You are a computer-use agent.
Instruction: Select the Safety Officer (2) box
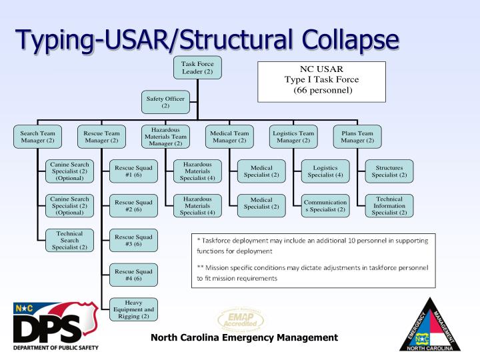click(165, 101)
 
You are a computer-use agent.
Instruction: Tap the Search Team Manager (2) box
click(37, 137)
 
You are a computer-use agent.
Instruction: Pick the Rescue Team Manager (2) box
click(101, 137)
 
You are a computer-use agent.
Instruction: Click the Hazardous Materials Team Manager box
click(165, 137)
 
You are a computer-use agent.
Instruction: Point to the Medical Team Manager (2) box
click(229, 137)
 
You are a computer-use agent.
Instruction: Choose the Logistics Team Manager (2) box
click(293, 137)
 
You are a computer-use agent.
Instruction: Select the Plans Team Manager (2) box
click(357, 137)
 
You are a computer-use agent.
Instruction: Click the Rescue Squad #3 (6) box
click(133, 241)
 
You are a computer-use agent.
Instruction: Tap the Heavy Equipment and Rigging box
click(133, 310)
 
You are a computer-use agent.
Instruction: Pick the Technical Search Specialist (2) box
click(69, 241)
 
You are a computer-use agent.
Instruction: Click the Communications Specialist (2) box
click(325, 206)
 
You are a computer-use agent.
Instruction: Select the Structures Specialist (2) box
click(389, 171)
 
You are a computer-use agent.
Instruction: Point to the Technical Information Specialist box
click(389, 206)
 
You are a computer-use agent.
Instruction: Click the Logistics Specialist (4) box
click(325, 171)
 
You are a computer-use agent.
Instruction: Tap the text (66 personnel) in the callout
click(322, 90)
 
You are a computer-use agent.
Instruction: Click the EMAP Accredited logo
click(241, 321)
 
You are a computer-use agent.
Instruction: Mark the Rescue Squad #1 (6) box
click(133, 171)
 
